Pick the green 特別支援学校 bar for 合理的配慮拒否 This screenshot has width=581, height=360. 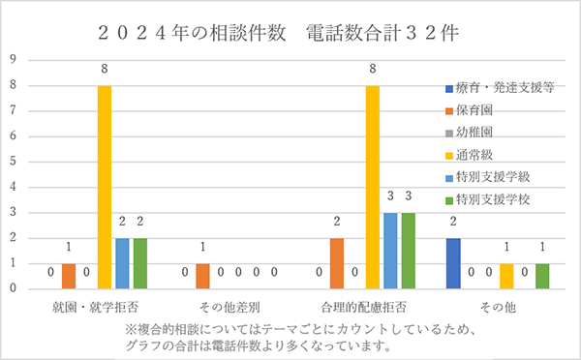[x=408, y=250]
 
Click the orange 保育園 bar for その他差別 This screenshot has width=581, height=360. [x=202, y=275]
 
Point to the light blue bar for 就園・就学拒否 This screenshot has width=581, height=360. [x=122, y=262]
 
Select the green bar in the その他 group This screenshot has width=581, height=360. [x=542, y=275]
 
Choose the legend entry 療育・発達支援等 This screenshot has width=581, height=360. [x=499, y=86]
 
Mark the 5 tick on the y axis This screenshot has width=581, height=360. [x=14, y=162]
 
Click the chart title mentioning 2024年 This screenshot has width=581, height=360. [x=290, y=30]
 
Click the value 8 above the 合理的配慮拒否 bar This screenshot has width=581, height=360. [x=372, y=68]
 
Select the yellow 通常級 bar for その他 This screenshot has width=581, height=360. [x=506, y=275]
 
